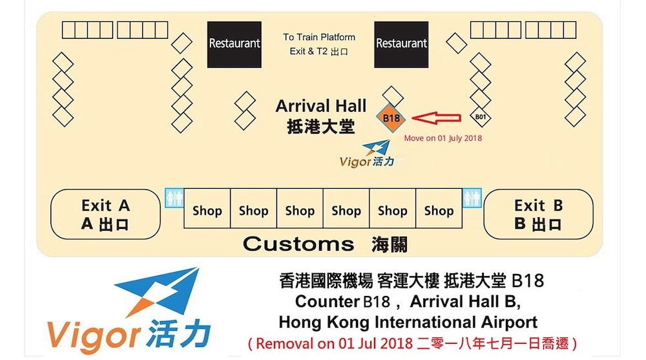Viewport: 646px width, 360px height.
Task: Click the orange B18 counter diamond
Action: [x=391, y=118]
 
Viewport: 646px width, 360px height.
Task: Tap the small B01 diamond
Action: [x=481, y=117]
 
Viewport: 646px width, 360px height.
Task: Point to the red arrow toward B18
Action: [x=436, y=118]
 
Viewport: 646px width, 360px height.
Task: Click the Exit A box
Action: [x=105, y=214]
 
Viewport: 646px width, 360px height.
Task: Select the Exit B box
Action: [x=538, y=214]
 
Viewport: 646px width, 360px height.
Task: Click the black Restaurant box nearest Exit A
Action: [x=234, y=45]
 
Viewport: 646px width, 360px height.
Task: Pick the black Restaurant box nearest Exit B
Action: [x=401, y=45]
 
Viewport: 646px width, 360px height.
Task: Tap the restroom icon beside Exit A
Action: [x=174, y=198]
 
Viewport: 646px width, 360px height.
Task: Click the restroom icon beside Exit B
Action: [x=472, y=198]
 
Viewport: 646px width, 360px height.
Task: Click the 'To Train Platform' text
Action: [x=319, y=37]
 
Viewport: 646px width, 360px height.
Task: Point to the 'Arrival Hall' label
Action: [x=321, y=106]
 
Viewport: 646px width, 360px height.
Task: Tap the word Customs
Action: [x=298, y=244]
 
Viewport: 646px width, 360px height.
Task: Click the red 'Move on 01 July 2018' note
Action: [x=443, y=138]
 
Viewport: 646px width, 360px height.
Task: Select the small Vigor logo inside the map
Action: [x=367, y=154]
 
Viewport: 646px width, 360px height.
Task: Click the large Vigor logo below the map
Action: [x=129, y=310]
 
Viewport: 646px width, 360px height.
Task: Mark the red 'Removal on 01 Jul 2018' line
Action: [x=412, y=343]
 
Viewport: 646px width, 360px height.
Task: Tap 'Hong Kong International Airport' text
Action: [x=408, y=322]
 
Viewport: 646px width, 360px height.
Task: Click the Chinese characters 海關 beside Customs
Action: [x=390, y=244]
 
